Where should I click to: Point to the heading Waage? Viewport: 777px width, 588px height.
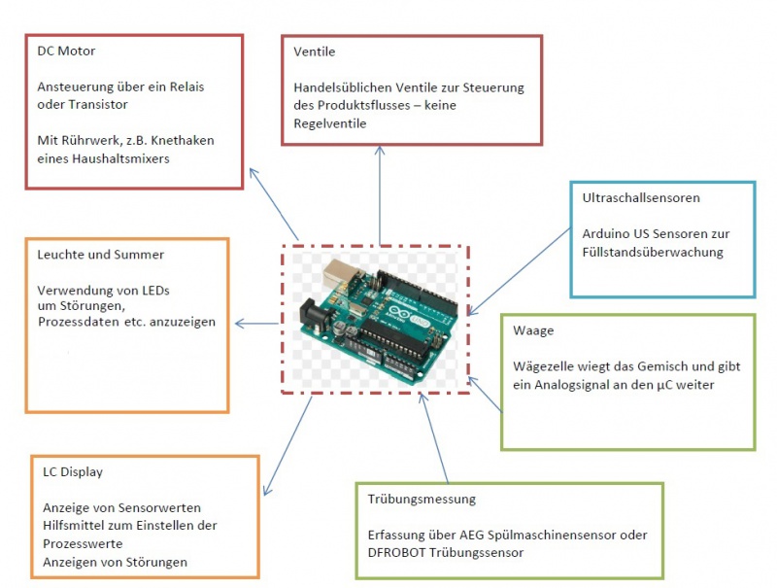(x=533, y=330)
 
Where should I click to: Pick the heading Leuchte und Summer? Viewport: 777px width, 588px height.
(x=101, y=255)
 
